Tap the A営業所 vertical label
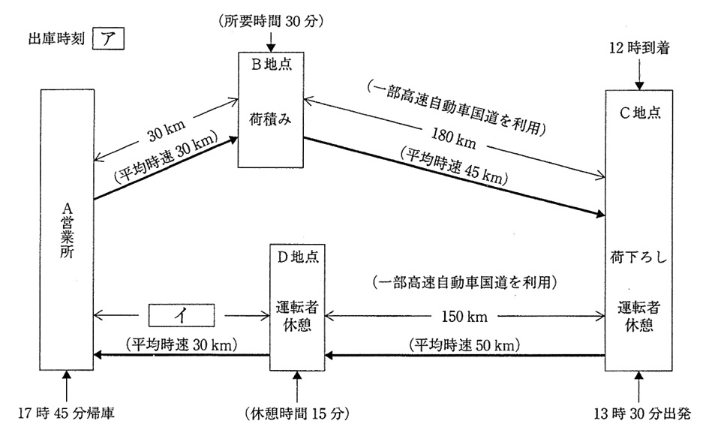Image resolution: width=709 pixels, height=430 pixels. coord(65,230)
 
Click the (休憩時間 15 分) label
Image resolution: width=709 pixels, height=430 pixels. coord(298,412)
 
